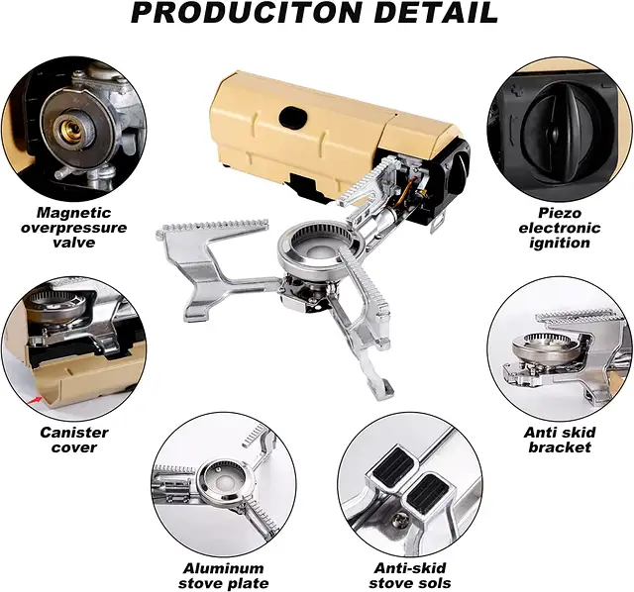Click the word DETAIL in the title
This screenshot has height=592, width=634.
pos(436,13)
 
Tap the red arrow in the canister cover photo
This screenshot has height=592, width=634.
pos(36,400)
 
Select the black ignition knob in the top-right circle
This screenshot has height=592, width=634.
pos(553,126)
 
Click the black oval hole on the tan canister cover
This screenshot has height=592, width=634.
pos(293,116)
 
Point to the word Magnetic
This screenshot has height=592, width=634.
pos(74,213)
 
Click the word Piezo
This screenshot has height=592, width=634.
pos(559,213)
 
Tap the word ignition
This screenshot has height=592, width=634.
pos(559,243)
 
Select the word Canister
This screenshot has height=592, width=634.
pos(74,433)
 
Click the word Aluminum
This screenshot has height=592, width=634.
pos(223,568)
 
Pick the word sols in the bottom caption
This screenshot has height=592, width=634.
pos(434,583)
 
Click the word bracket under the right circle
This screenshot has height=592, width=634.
pos(560,447)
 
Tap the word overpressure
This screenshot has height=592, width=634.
pos(74,228)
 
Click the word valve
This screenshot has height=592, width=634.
pos(74,243)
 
